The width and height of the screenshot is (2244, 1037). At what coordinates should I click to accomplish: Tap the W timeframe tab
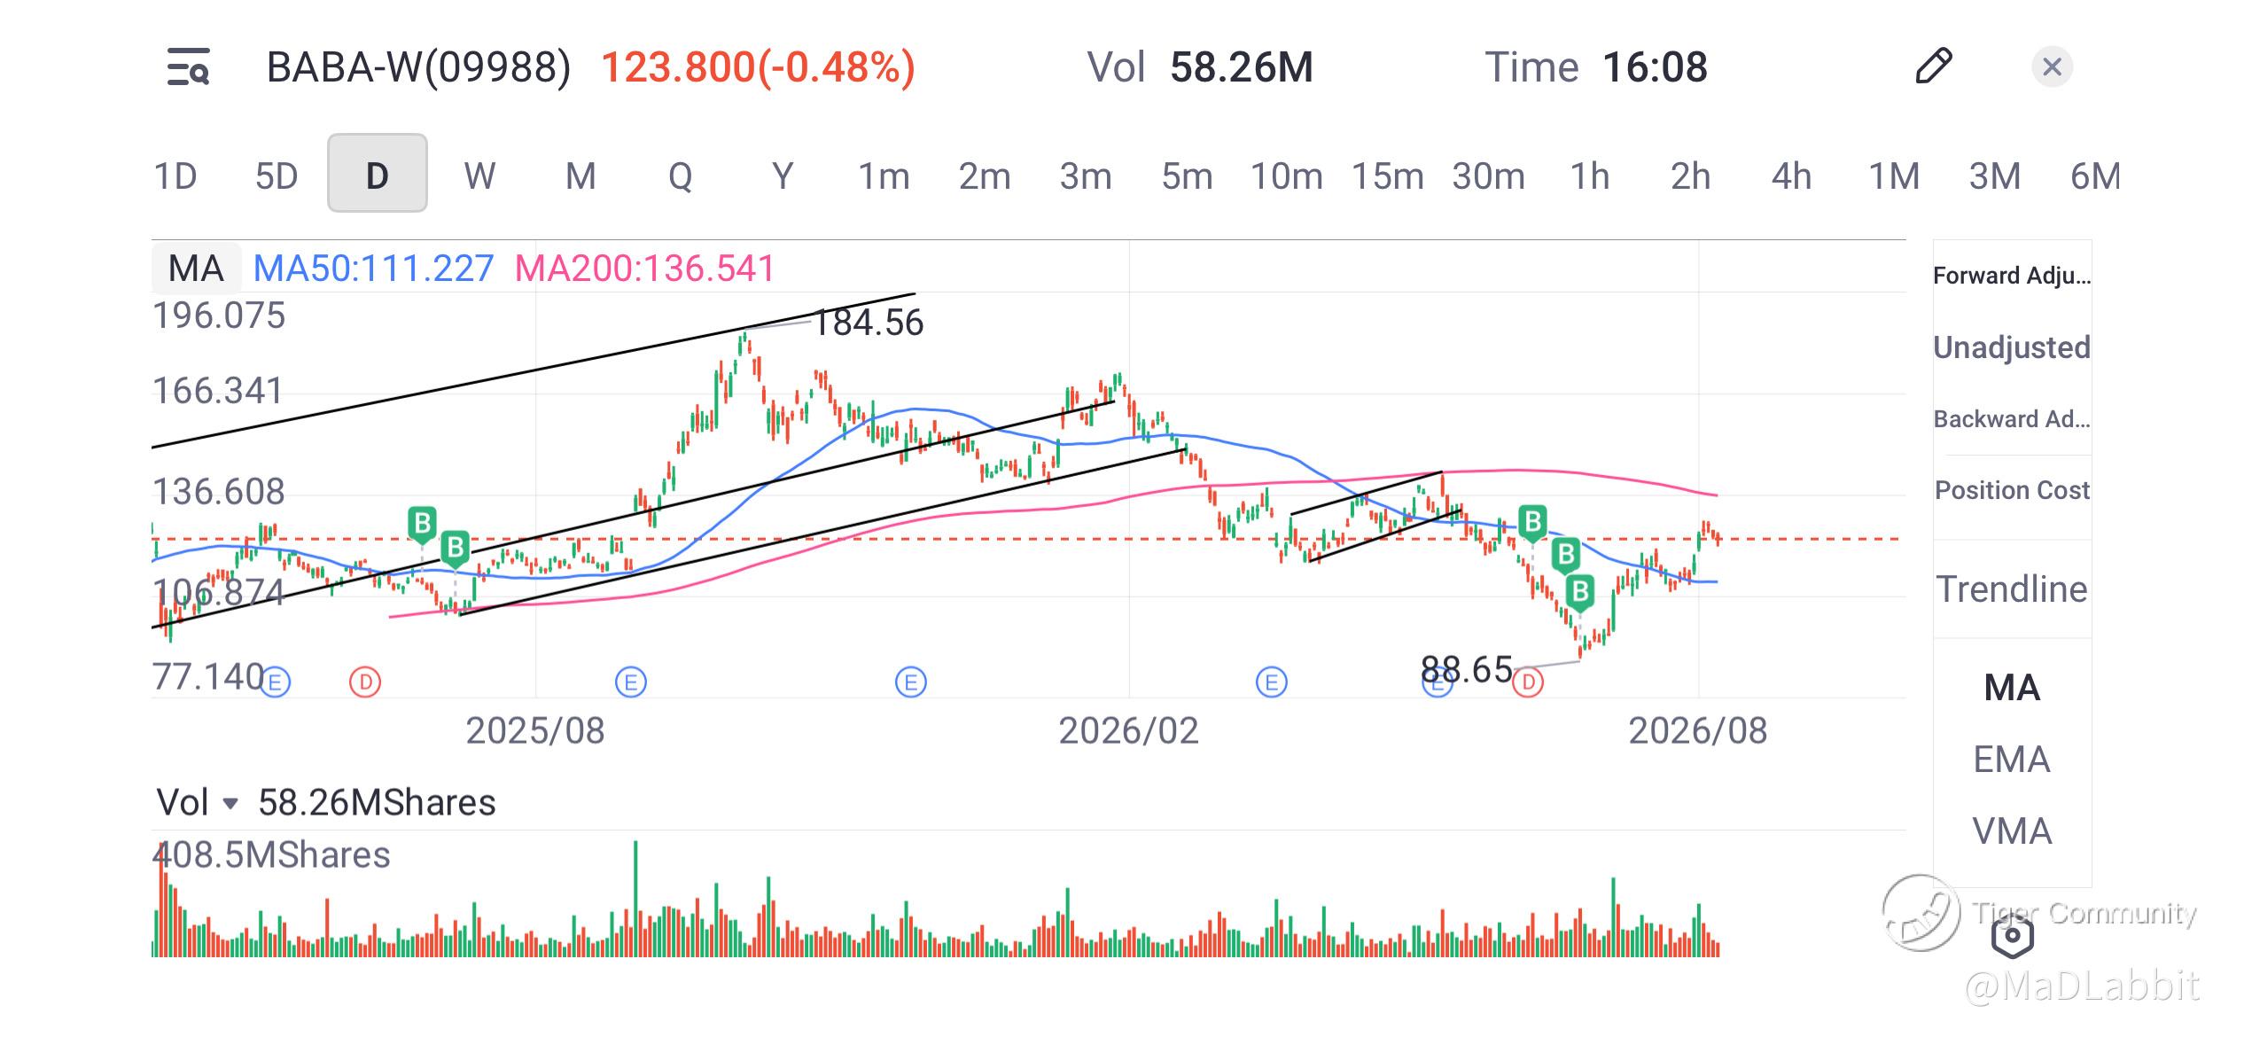coord(479,175)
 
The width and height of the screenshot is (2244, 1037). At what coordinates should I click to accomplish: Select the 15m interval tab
coord(1387,175)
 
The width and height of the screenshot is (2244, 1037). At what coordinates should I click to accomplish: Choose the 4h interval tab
coord(1791,175)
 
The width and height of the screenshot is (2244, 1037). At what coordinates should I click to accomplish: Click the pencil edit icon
coord(1933,66)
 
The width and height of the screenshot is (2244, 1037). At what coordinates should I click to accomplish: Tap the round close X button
coord(2052,66)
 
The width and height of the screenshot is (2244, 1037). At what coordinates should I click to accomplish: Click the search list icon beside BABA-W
coord(189,66)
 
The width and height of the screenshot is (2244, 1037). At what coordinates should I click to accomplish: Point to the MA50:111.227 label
coord(373,268)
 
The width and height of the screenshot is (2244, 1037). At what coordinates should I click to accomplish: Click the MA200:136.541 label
coord(645,268)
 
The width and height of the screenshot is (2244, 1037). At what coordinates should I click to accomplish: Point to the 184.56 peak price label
coord(869,323)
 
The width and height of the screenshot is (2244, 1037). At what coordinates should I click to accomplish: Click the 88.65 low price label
coord(1466,669)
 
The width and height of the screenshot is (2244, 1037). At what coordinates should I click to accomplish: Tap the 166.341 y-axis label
coord(218,391)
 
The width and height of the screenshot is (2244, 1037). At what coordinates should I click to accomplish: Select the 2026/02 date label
coord(1128,731)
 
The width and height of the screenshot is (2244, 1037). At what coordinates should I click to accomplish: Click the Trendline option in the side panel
coord(2012,589)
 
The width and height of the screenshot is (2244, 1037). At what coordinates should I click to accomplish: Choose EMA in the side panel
coord(2012,760)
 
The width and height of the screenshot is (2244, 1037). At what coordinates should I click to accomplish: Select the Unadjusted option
coord(2012,347)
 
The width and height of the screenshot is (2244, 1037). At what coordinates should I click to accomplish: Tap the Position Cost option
coord(2012,490)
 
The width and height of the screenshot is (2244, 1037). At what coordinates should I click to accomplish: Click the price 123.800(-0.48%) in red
coord(758,67)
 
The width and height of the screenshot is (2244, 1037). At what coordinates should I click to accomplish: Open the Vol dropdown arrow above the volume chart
coord(230,804)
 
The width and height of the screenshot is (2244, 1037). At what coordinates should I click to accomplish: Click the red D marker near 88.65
coord(1528,682)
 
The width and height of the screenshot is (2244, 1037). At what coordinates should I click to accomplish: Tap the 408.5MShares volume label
coord(271,855)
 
